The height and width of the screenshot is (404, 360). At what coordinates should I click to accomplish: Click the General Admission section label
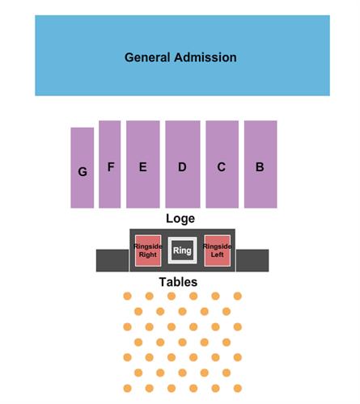click(x=180, y=57)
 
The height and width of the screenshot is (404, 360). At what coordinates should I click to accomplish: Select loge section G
click(x=83, y=168)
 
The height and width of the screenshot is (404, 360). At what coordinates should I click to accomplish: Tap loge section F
click(x=110, y=164)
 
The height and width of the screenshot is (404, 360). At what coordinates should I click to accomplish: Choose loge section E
click(x=143, y=164)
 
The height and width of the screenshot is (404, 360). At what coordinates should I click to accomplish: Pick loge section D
click(x=183, y=164)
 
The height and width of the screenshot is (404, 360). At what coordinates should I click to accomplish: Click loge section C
click(x=222, y=164)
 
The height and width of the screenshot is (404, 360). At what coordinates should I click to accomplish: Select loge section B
click(x=260, y=164)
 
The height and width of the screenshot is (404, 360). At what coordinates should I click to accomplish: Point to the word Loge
click(x=180, y=218)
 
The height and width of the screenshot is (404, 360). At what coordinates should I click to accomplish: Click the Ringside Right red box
click(x=148, y=250)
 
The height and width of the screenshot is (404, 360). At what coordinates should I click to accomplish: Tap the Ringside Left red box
click(x=217, y=250)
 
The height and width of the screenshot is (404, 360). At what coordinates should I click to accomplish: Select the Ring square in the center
click(x=182, y=250)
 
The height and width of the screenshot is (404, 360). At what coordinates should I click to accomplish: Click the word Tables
click(x=178, y=282)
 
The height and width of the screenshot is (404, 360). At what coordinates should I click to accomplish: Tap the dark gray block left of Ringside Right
click(x=112, y=260)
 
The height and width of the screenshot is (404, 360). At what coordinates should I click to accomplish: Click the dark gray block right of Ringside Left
click(x=252, y=260)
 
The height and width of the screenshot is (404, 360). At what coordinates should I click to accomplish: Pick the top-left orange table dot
click(x=127, y=297)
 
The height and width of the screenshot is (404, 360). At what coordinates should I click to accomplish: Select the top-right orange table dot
click(x=238, y=297)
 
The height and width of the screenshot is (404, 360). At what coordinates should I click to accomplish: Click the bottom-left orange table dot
click(x=127, y=389)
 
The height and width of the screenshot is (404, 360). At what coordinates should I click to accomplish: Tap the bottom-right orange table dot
click(x=238, y=389)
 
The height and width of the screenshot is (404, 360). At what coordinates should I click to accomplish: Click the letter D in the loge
click(x=182, y=167)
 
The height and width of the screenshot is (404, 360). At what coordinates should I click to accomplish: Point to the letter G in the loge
click(x=83, y=171)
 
